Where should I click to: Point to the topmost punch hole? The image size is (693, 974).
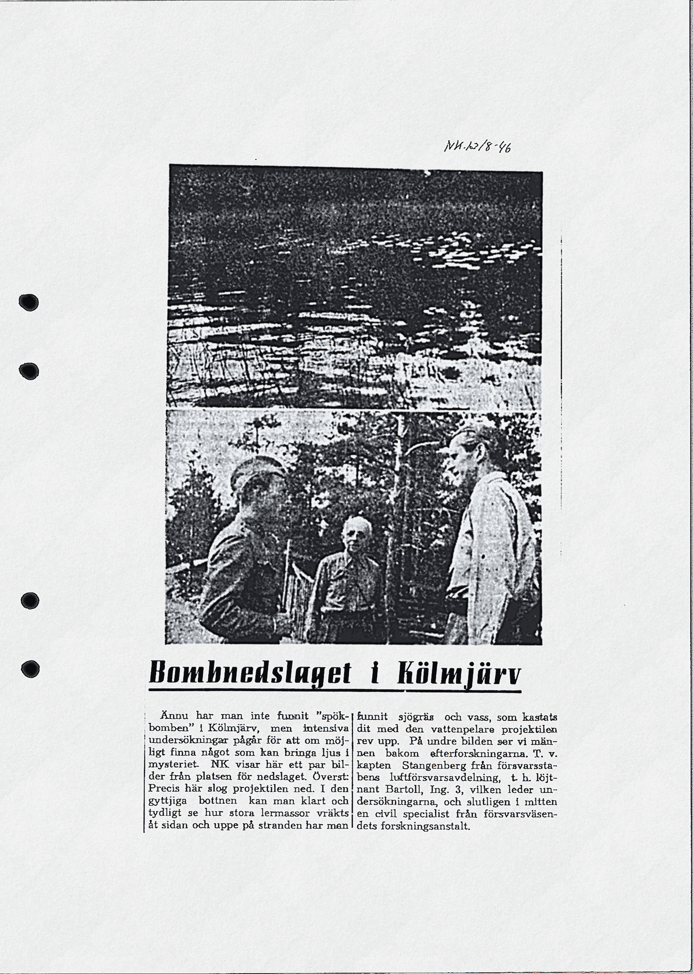pyautogui.click(x=29, y=302)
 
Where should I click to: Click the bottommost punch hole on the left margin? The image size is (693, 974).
pyautogui.click(x=30, y=669)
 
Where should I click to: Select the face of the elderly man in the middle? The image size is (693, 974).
pyautogui.click(x=356, y=535)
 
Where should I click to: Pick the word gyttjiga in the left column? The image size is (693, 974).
pyautogui.click(x=167, y=802)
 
